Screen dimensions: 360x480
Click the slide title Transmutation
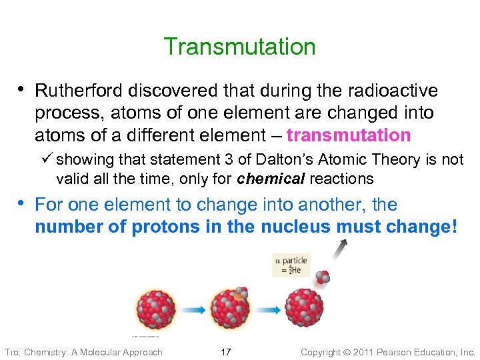[239, 47]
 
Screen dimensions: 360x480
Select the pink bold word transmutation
[348, 135]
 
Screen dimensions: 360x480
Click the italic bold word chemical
[264, 179]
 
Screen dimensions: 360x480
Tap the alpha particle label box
[291, 265]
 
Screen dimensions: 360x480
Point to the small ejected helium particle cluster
[323, 277]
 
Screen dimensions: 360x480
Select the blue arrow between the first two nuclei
[193, 310]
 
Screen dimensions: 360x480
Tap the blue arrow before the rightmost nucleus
[267, 310]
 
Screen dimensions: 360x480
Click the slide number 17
[225, 351]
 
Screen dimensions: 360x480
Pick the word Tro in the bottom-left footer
[12, 351]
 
